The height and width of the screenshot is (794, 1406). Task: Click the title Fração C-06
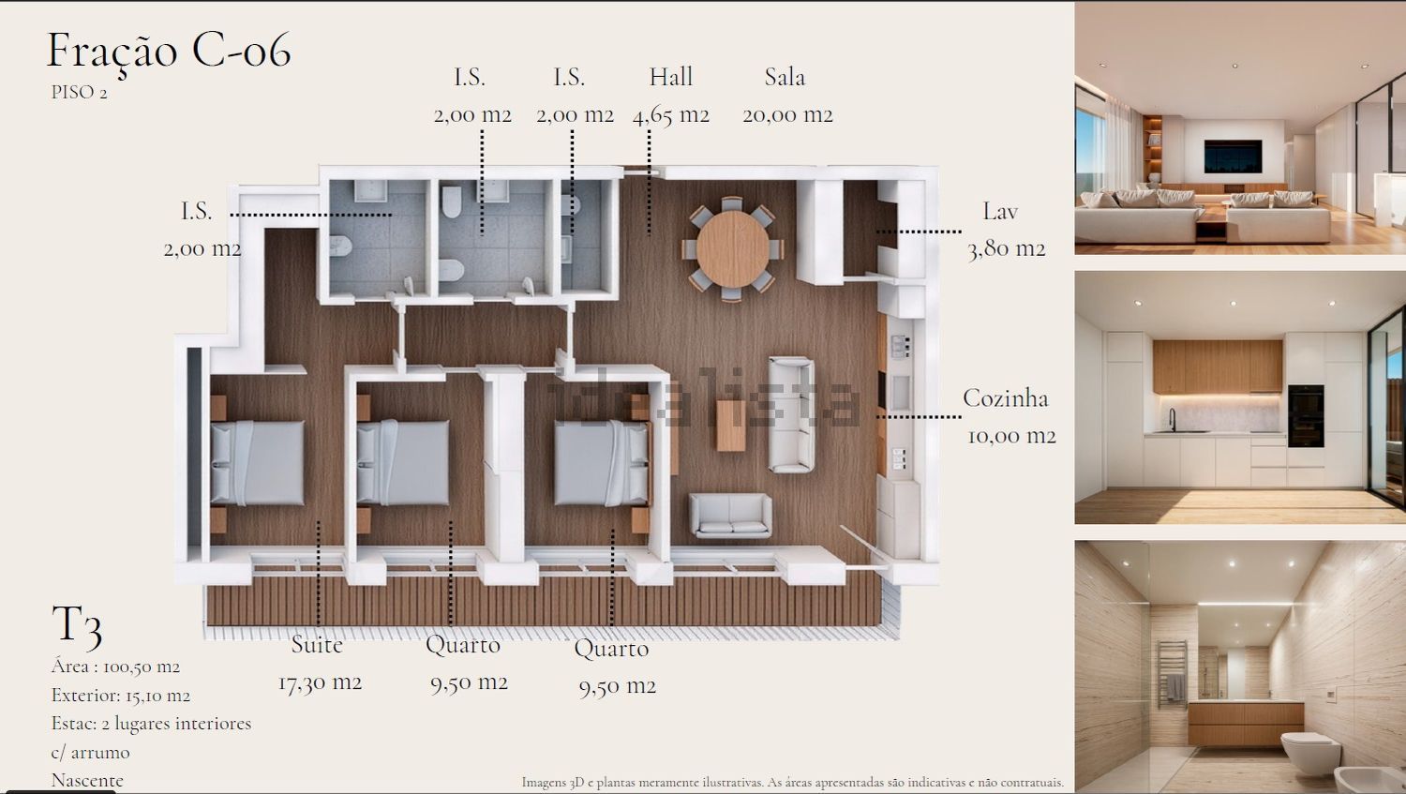[x=170, y=52]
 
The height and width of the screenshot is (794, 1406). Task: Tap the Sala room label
[x=785, y=77]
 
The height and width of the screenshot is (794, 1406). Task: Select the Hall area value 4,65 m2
[x=671, y=115]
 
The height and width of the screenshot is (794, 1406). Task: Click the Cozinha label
[x=1006, y=398]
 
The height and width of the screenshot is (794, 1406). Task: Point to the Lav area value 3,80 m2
[x=1006, y=249]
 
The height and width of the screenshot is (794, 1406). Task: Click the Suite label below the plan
[x=317, y=645]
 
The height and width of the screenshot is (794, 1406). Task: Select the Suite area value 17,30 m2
[x=321, y=682]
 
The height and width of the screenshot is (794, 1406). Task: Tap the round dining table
[x=732, y=249]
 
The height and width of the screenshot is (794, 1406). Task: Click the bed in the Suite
[x=258, y=462]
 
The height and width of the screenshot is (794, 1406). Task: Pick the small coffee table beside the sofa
[x=730, y=426]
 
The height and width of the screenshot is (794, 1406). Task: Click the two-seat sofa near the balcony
[x=730, y=515]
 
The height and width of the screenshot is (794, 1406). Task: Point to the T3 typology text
[x=77, y=626]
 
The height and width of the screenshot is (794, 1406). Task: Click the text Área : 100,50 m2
[x=115, y=666]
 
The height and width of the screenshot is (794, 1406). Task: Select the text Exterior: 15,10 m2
[x=121, y=695]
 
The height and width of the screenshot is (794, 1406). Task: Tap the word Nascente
[x=87, y=780]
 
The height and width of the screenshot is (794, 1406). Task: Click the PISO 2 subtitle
[x=79, y=92]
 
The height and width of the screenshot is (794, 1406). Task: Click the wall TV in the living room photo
[x=1233, y=157]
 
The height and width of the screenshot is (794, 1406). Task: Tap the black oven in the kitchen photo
[x=1306, y=416]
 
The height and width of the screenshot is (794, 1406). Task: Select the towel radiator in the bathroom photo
[x=1173, y=674]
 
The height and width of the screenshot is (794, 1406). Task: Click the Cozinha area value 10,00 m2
[x=1011, y=436]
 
